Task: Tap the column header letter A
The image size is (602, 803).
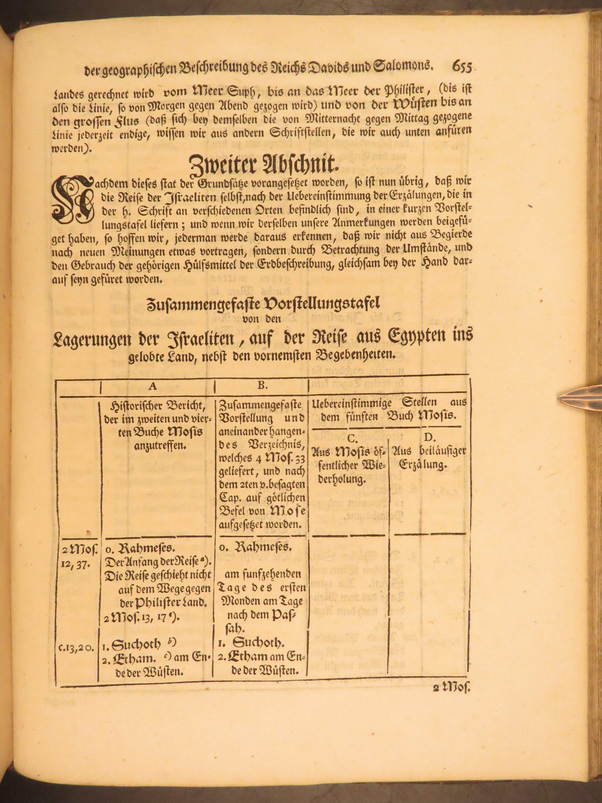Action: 153,386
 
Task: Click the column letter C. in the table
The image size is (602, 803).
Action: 353,438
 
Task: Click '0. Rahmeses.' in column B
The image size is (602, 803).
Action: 256,547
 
